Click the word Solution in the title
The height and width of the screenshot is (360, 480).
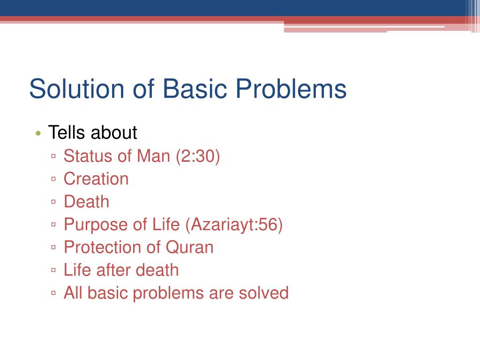[76, 89]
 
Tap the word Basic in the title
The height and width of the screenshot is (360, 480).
[195, 89]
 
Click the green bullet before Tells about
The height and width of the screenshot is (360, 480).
[38, 133]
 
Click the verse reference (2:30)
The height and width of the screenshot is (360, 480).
[198, 156]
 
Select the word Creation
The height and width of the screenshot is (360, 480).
[96, 179]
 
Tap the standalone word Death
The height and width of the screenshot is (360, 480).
[86, 202]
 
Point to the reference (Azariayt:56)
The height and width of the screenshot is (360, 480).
[234, 225]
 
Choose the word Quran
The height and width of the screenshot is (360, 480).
[189, 247]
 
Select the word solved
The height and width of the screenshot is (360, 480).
[263, 293]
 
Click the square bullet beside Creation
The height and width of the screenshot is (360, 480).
[53, 179]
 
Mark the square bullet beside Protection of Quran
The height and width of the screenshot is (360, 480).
[53, 247]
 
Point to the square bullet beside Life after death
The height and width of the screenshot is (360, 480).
[53, 270]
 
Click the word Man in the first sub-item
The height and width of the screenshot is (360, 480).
[153, 156]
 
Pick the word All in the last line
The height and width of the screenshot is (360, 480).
[73, 293]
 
